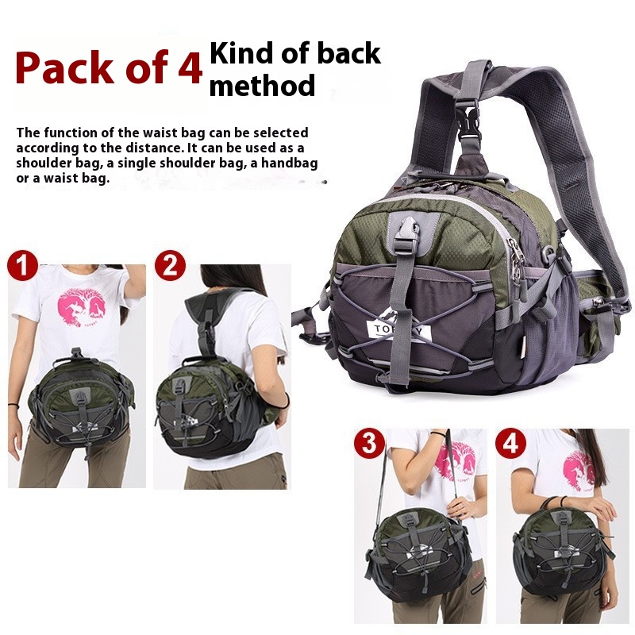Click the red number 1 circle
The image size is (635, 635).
[23, 265]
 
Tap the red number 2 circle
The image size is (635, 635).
[170, 265]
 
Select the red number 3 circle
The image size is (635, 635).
[369, 443]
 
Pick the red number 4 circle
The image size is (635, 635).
[511, 443]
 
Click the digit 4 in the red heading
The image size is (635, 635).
[190, 68]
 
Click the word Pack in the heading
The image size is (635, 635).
[65, 67]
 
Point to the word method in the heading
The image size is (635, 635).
[262, 85]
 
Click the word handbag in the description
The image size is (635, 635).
[289, 164]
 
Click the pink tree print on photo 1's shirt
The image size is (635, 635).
[82, 306]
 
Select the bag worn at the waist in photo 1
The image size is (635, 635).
[82, 401]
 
